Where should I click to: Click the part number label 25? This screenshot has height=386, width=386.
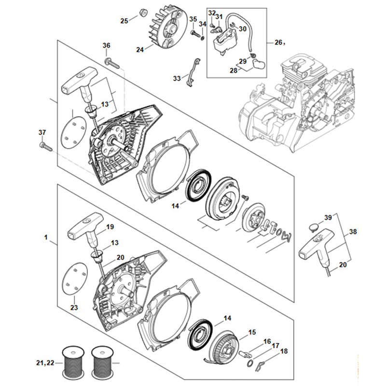pyautogui.click(x=124, y=21)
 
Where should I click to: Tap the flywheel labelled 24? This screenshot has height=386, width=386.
pyautogui.click(x=164, y=28)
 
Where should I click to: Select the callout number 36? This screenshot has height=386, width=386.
pyautogui.click(x=106, y=45)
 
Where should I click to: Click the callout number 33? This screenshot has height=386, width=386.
pyautogui.click(x=177, y=79)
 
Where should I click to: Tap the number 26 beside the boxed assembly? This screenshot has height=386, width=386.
pyautogui.click(x=278, y=42)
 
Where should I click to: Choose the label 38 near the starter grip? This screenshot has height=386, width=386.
pyautogui.click(x=353, y=232)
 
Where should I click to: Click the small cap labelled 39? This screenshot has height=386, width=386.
pyautogui.click(x=313, y=227)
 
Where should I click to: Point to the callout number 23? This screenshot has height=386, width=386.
pyautogui.click(x=74, y=307)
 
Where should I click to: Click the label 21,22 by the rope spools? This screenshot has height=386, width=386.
pyautogui.click(x=45, y=363)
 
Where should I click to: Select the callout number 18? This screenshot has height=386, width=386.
pyautogui.click(x=284, y=351)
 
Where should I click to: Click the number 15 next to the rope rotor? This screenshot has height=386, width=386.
pyautogui.click(x=252, y=332)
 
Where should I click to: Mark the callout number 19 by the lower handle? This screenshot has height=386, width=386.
pyautogui.click(x=110, y=227)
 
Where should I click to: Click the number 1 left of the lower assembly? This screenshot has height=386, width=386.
pyautogui.click(x=46, y=237)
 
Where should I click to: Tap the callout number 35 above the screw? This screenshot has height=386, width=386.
pyautogui.click(x=193, y=19)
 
